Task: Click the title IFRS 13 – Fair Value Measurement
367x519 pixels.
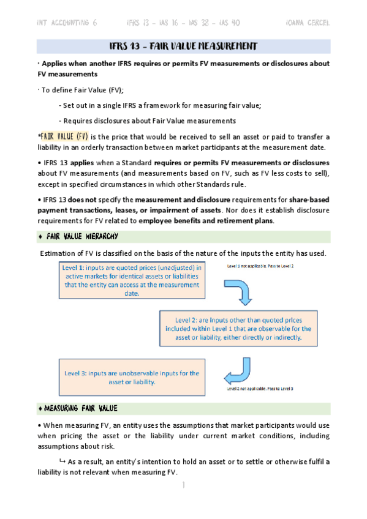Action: pos(183,47)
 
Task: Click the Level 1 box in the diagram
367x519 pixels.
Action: pos(132,280)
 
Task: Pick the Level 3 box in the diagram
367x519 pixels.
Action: pos(132,377)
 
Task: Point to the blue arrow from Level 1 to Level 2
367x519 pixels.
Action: pos(244,291)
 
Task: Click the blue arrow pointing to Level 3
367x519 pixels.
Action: pos(237,370)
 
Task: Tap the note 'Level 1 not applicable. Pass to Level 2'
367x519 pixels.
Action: pos(260,266)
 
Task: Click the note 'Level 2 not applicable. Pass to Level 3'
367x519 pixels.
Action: pos(260,389)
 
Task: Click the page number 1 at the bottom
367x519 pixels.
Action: pos(183,485)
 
